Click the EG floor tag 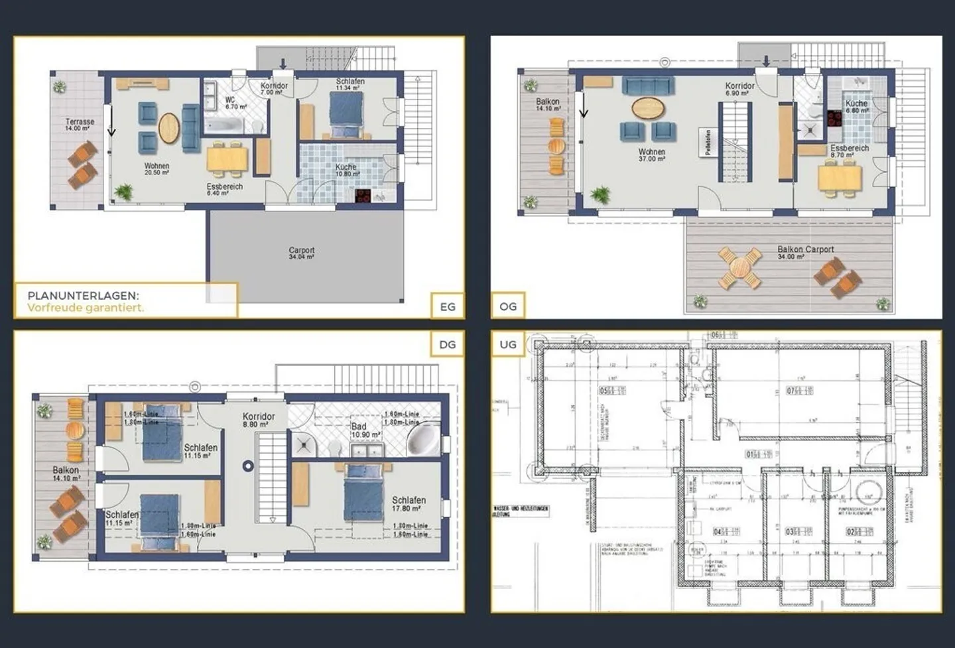pyautogui.click(x=448, y=306)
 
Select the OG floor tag pyautogui.click(x=507, y=306)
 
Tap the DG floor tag pyautogui.click(x=448, y=344)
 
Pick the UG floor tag pyautogui.click(x=507, y=344)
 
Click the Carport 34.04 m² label pyautogui.click(x=302, y=253)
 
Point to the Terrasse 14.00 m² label pyautogui.click(x=80, y=125)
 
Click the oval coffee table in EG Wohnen pyautogui.click(x=168, y=128)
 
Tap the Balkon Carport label pyautogui.click(x=805, y=250)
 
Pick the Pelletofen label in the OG pyautogui.click(x=708, y=143)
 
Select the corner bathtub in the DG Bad pyautogui.click(x=422, y=440)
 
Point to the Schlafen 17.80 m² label pyautogui.click(x=409, y=504)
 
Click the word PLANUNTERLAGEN pyautogui.click(x=84, y=296)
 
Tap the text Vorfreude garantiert pyautogui.click(x=86, y=308)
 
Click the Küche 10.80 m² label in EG pyautogui.click(x=346, y=170)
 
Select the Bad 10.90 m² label pyautogui.click(x=365, y=430)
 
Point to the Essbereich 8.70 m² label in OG pyautogui.click(x=849, y=151)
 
